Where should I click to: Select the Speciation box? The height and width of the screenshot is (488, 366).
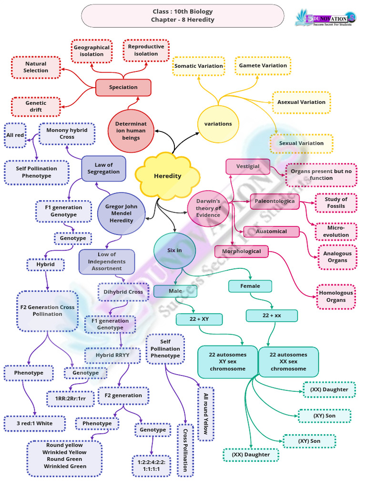click(123, 88)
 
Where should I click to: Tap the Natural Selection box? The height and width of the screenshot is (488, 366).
click(36, 67)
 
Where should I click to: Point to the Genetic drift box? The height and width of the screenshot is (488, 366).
click(36, 106)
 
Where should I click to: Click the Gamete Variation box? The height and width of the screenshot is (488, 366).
click(263, 66)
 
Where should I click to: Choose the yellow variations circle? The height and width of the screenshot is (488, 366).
click(218, 124)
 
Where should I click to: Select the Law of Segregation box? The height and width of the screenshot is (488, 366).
click(103, 168)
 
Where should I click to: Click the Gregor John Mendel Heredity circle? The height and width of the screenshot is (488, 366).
click(121, 214)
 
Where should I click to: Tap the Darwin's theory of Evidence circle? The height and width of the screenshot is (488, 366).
click(209, 208)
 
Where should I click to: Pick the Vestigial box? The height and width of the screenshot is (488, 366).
click(247, 166)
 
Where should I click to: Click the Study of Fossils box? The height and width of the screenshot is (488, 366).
click(335, 203)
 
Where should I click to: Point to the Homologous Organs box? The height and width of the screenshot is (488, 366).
click(336, 296)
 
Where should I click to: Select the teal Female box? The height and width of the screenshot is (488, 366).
click(250, 286)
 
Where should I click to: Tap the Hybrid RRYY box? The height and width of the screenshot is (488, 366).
click(113, 355)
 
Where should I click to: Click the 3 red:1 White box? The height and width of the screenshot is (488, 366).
click(35, 423)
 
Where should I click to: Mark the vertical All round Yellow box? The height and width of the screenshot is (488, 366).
click(206, 414)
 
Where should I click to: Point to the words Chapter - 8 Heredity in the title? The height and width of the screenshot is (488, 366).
click(183, 20)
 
